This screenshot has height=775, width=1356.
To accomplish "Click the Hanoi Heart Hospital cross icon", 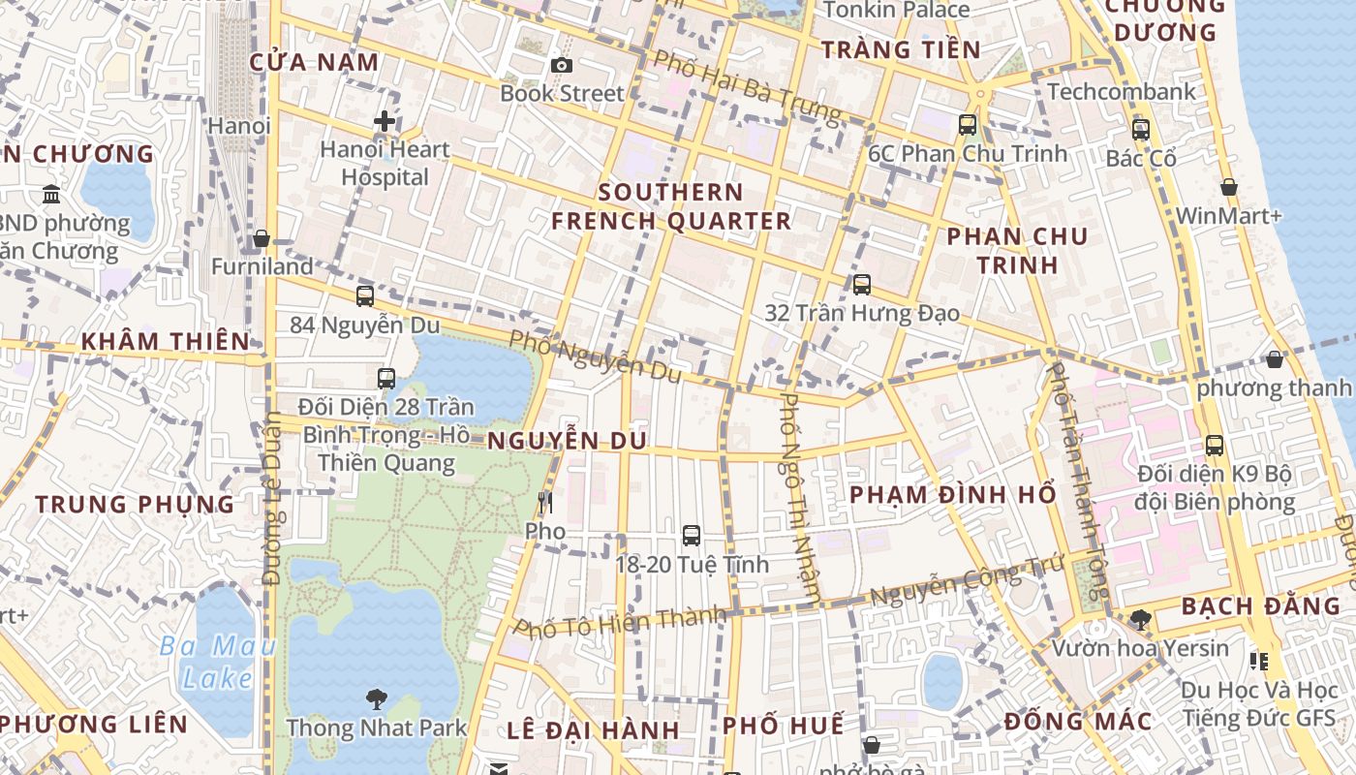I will [x=385, y=121].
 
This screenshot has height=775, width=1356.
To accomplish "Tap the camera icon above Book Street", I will [x=561, y=65].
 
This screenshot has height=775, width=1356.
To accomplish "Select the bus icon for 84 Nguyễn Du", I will [x=365, y=296].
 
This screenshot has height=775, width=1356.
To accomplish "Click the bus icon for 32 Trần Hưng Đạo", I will [x=861, y=285].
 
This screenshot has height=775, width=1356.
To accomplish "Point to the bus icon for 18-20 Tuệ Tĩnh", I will [x=691, y=535].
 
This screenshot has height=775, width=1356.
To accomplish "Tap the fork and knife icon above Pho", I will [x=544, y=502].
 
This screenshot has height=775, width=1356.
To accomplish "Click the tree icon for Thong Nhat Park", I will [x=376, y=698].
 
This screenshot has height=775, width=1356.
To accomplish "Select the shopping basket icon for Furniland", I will [x=262, y=238].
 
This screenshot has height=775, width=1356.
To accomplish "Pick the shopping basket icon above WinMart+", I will [x=1228, y=187].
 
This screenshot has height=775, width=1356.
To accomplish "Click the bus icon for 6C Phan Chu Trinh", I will [x=967, y=124].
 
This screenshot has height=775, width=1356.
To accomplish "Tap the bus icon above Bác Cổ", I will [x=1140, y=129].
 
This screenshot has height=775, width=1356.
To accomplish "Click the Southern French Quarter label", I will [x=671, y=206].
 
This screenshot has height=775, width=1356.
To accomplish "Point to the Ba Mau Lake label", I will [x=217, y=662].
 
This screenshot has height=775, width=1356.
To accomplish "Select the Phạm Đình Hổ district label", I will [x=952, y=494].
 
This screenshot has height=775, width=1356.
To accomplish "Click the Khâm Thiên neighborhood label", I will [x=166, y=341].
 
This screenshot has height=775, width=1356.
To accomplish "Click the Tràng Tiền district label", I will [x=901, y=50].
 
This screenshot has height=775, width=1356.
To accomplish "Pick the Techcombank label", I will [x=1122, y=92].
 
